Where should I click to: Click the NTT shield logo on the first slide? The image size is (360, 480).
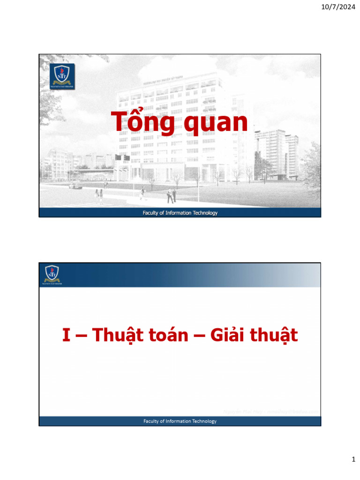62,76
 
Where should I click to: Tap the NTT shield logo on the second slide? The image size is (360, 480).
52,274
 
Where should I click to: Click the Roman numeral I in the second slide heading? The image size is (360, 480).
67,335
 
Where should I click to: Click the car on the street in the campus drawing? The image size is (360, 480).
75,186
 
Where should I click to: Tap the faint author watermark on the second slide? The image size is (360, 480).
271,411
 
